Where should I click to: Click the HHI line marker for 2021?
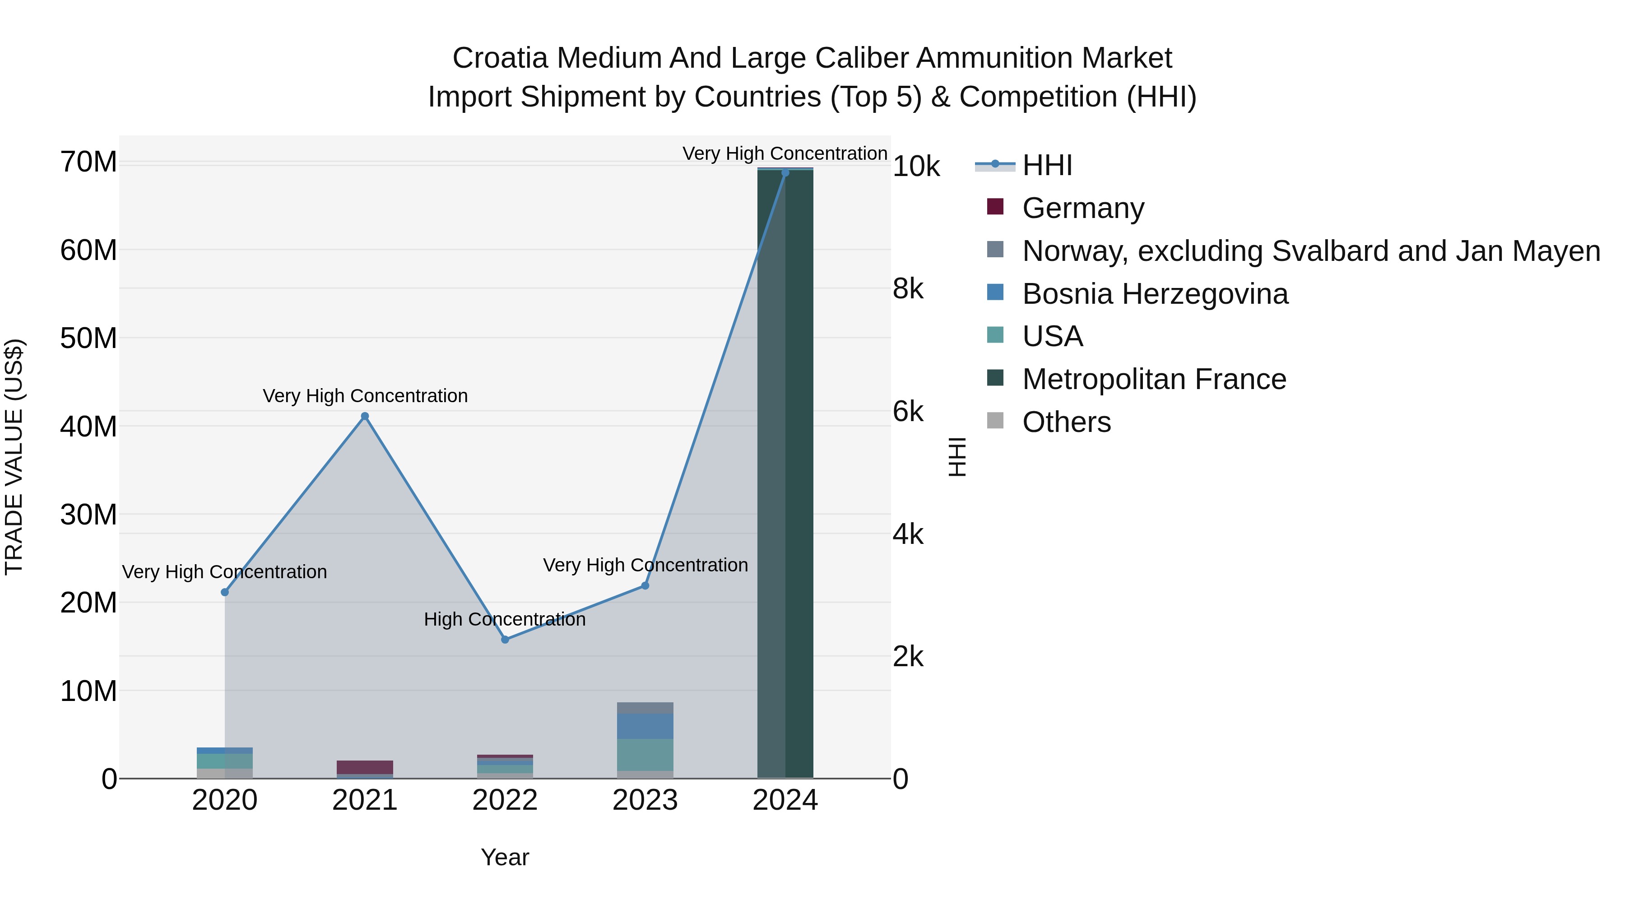[365, 416]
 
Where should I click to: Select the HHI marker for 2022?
[505, 640]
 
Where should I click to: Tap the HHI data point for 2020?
[225, 592]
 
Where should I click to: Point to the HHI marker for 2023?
[645, 586]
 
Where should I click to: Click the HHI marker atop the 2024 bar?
[785, 173]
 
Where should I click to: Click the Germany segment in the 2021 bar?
[365, 767]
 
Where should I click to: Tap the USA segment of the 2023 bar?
[645, 754]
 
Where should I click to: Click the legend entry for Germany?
[1082, 208]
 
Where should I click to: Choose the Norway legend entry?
[1311, 251]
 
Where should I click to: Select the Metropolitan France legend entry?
[1154, 379]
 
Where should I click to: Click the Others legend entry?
[1066, 422]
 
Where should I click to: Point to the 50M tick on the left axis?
[88, 339]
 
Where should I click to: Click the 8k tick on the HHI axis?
[908, 289]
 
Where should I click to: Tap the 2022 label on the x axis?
[505, 800]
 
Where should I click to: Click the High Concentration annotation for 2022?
[505, 619]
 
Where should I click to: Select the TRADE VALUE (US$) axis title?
[14, 457]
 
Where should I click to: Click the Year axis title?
[505, 857]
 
